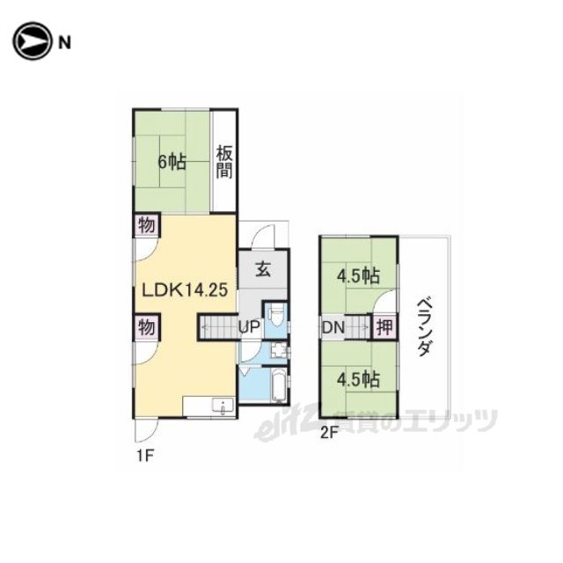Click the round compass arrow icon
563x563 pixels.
coord(32,41)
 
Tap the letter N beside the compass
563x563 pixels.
coord(64,43)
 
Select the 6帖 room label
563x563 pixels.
coord(172,162)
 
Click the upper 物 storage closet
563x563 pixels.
coord(147,226)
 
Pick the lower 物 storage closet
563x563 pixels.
coord(147,327)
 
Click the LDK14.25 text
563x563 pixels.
coord(185,289)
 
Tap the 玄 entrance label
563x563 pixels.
coord(263,269)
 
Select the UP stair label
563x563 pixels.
coord(249,326)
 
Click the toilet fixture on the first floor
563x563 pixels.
coord(275,316)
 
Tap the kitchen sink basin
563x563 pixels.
coord(223,406)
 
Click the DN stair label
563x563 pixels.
coord(333,327)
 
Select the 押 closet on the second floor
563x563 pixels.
coord(384,326)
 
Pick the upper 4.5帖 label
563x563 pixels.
coord(358,276)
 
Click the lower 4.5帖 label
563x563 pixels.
coord(358,379)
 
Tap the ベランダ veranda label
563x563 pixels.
coord(425,326)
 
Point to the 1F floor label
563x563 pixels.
coord(145,457)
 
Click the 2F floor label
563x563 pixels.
coord(329,434)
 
